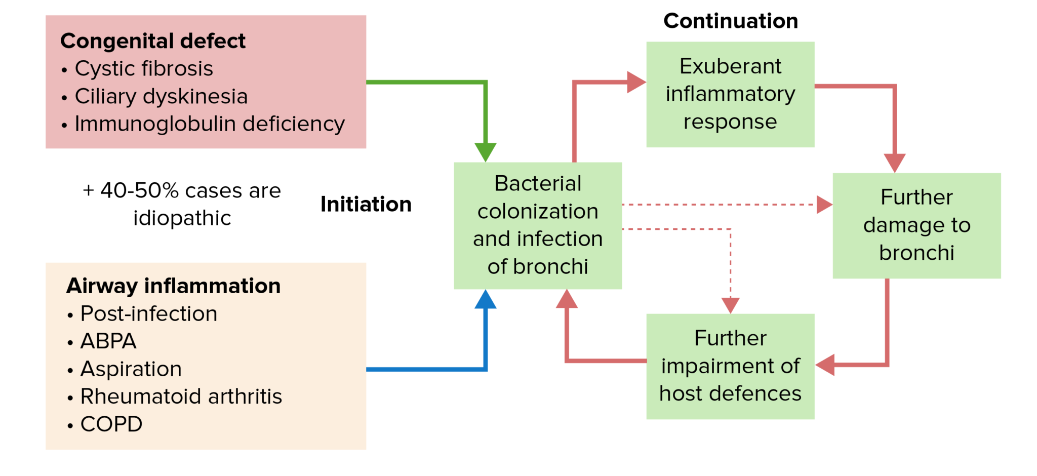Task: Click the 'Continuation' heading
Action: (x=730, y=21)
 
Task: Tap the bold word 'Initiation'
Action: (x=366, y=205)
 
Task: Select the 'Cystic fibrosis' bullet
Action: (x=144, y=68)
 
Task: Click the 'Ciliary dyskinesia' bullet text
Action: (x=161, y=96)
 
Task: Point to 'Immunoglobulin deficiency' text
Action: (x=210, y=124)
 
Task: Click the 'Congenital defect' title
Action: (x=152, y=41)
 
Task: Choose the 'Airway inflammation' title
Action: (x=173, y=286)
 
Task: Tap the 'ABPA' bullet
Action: (x=108, y=341)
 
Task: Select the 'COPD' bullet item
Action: (x=111, y=424)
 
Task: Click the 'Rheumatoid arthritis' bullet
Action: (x=181, y=396)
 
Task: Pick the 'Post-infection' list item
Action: (x=149, y=314)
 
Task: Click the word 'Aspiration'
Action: (x=131, y=369)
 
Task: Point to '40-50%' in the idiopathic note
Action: (x=139, y=191)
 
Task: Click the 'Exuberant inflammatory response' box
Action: (x=730, y=94)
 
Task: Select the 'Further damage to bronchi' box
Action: (x=916, y=225)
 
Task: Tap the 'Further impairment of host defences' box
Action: (x=730, y=366)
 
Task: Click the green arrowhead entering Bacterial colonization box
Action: (x=485, y=152)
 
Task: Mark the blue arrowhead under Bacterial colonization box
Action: (x=485, y=299)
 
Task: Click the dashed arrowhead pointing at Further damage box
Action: (x=824, y=205)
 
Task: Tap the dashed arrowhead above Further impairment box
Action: (x=730, y=305)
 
